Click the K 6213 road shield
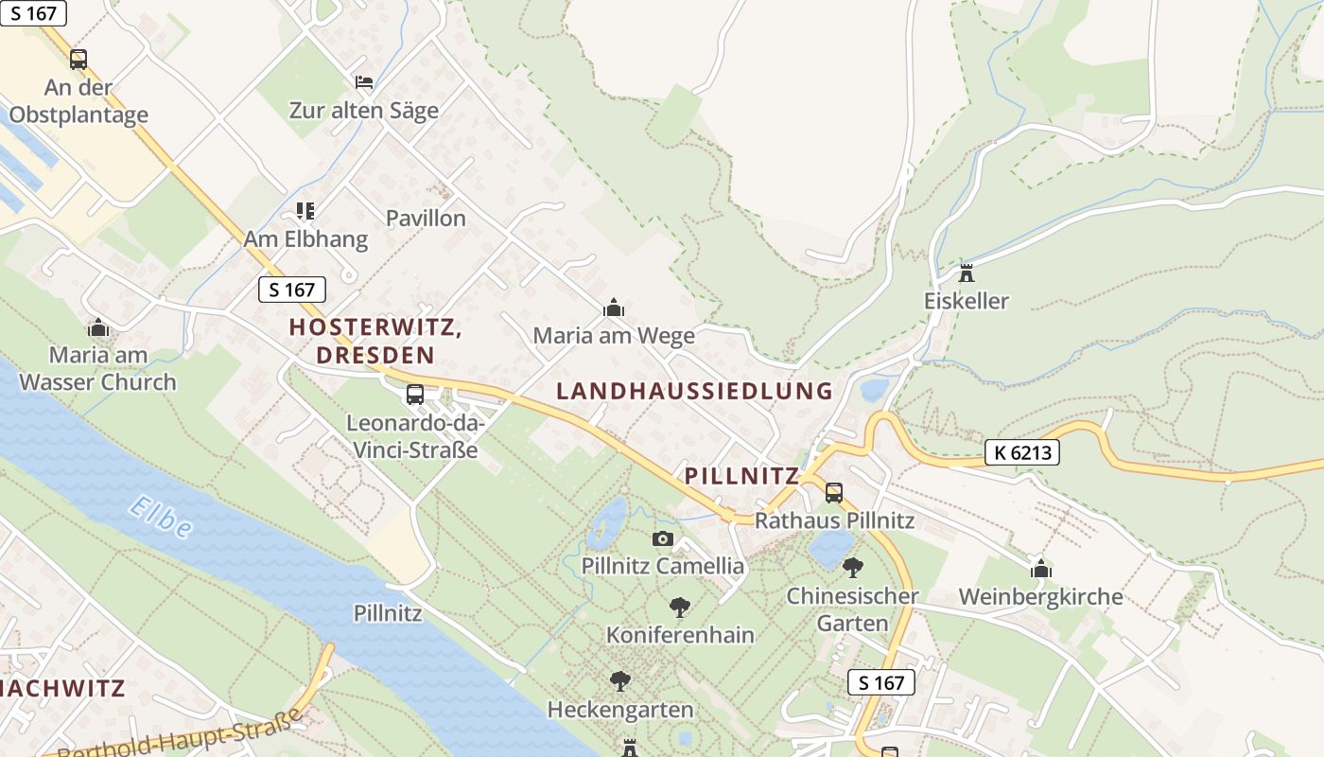click(x=1021, y=452)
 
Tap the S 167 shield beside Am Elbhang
click(x=292, y=290)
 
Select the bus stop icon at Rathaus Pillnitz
click(x=833, y=492)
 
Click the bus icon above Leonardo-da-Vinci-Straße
click(x=414, y=395)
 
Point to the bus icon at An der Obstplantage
click(x=78, y=60)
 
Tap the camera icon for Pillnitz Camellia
click(x=663, y=538)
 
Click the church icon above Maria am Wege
click(x=614, y=308)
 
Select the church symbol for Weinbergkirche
click(x=1041, y=569)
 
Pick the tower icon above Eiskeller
click(x=967, y=273)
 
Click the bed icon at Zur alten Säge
click(x=364, y=82)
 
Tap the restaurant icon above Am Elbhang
click(x=305, y=210)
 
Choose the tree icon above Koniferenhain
click(x=679, y=607)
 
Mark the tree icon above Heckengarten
click(x=620, y=680)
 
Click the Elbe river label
click(x=161, y=517)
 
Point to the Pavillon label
click(x=426, y=219)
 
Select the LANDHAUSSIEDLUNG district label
click(x=694, y=391)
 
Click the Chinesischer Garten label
click(x=852, y=609)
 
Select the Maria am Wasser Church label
click(x=98, y=369)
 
